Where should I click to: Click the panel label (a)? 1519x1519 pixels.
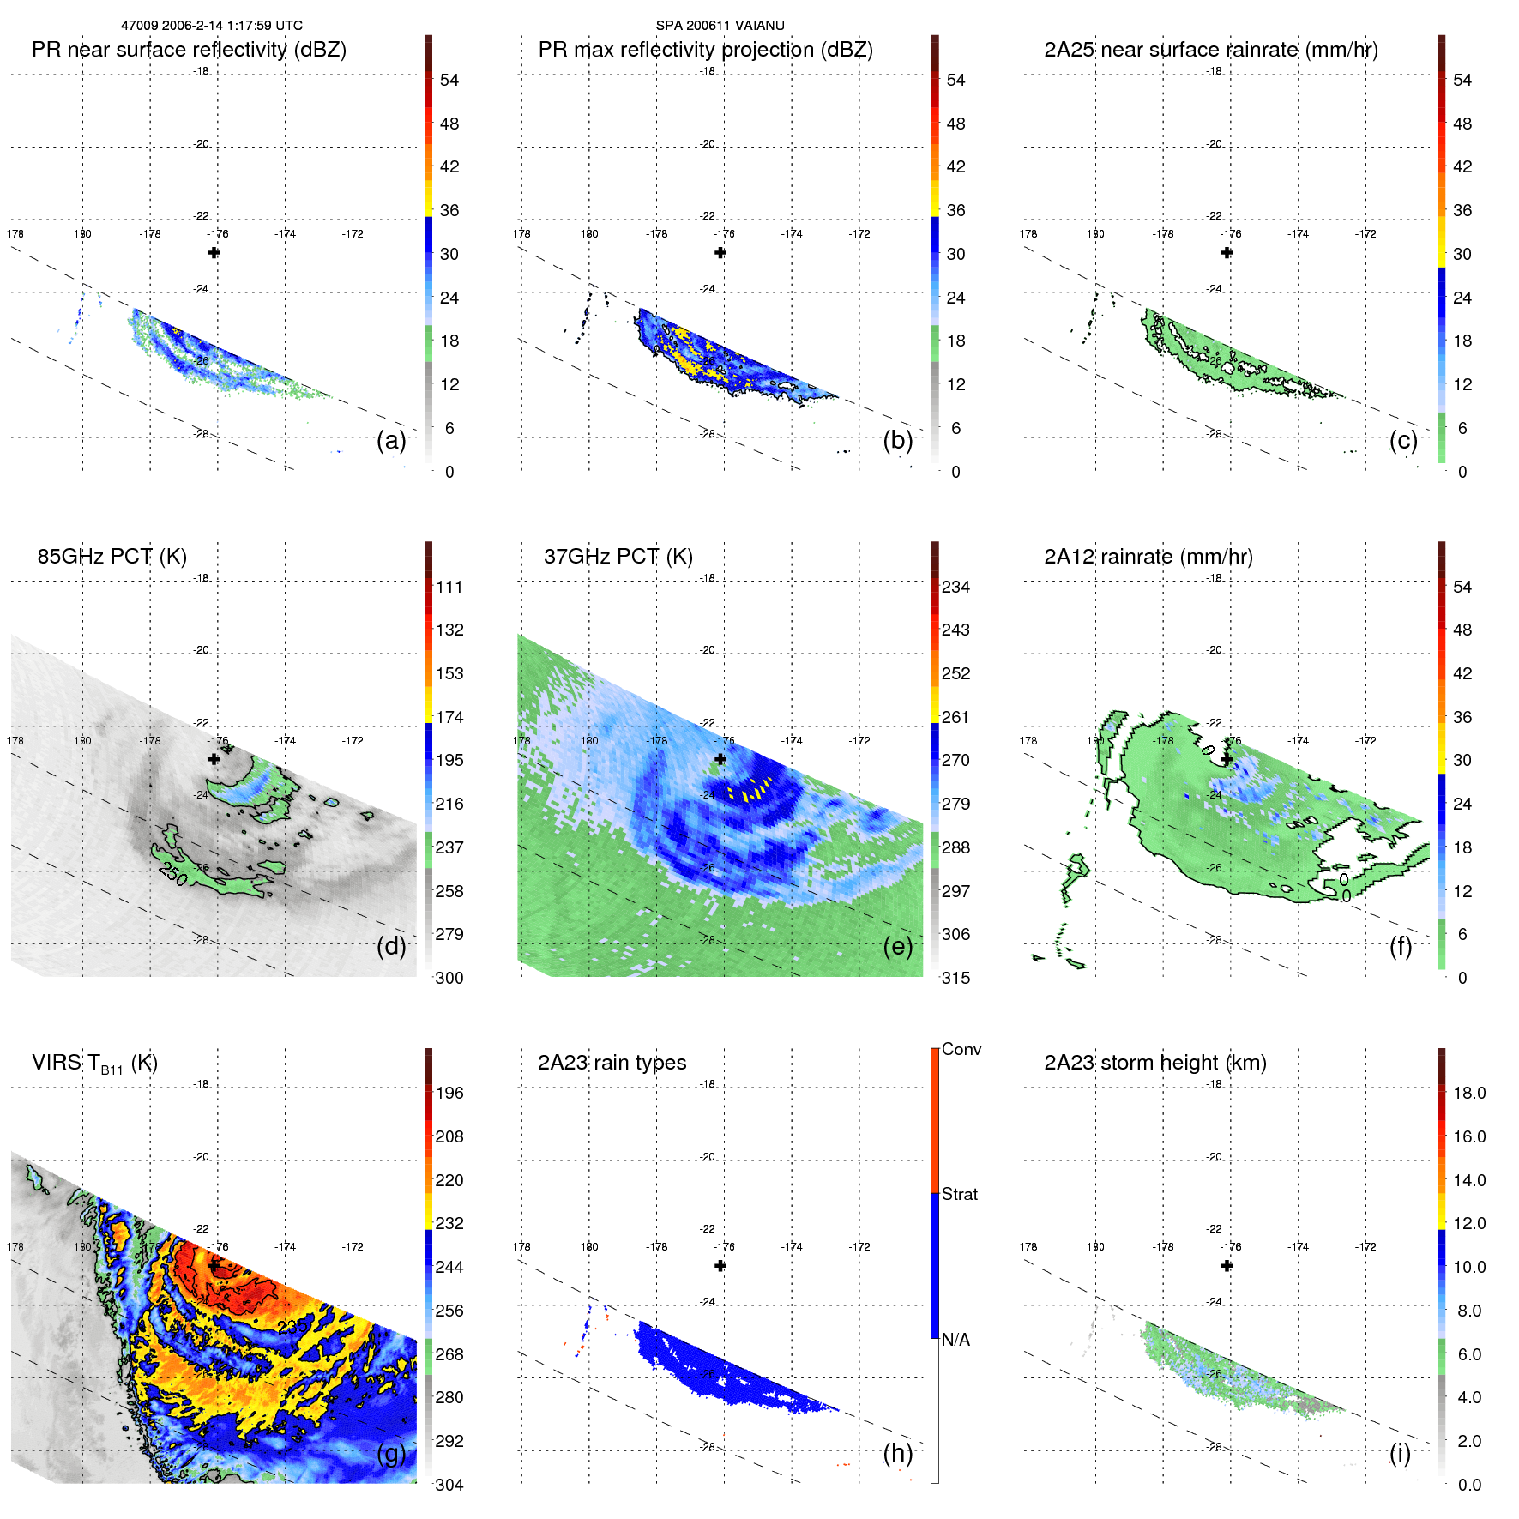click(391, 441)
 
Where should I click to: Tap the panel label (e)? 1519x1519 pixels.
click(897, 947)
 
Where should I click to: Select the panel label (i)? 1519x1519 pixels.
click(1400, 1453)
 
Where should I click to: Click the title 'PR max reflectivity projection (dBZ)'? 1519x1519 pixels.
click(705, 50)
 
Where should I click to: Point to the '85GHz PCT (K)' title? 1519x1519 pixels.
click(112, 557)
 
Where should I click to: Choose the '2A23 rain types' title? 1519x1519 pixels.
click(612, 1063)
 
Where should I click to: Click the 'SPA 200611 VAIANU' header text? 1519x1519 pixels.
click(720, 26)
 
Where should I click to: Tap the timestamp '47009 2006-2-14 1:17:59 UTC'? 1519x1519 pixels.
click(212, 26)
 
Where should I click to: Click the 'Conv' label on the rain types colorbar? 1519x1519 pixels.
click(961, 1050)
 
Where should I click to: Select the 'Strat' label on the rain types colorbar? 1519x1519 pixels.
click(959, 1195)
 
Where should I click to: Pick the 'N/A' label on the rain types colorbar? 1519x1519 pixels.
click(955, 1340)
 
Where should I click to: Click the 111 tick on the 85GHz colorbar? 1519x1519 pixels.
click(449, 588)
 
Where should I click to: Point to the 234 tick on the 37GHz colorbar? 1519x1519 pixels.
click(955, 588)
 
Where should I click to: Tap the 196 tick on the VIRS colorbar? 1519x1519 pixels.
click(449, 1094)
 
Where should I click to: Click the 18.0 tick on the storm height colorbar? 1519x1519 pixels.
click(1468, 1094)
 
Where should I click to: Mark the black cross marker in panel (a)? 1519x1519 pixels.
click(214, 253)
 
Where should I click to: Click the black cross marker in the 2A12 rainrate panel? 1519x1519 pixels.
click(1227, 759)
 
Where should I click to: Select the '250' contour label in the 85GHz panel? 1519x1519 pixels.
click(173, 874)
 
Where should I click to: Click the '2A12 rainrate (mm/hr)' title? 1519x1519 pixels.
click(1148, 557)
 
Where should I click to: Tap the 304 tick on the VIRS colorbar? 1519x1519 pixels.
click(449, 1485)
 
